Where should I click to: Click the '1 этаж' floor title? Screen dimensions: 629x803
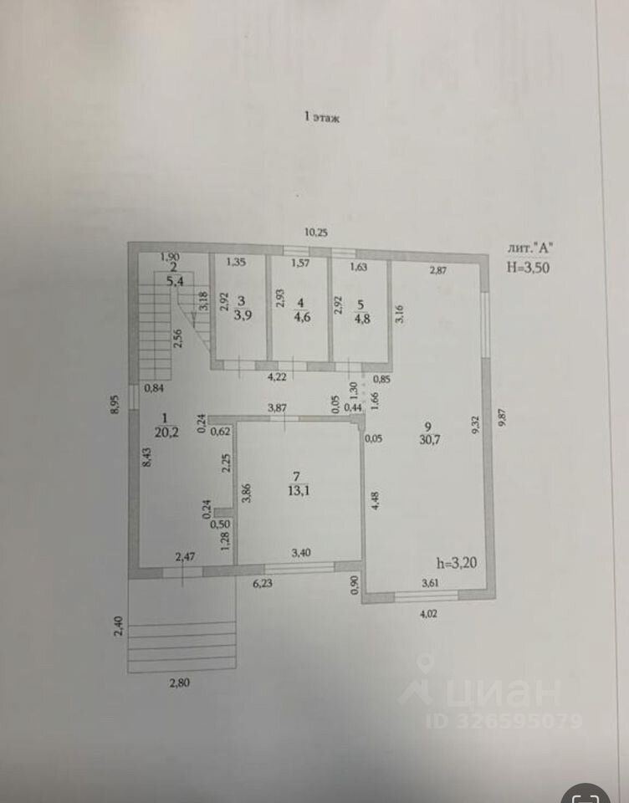[322, 119]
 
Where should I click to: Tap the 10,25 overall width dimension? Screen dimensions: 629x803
[315, 233]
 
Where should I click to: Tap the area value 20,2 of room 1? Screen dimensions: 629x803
[165, 432]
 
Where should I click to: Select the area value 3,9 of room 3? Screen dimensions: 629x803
[242, 315]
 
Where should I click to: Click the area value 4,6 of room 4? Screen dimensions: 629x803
[299, 316]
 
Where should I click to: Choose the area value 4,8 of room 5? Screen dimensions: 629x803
[361, 316]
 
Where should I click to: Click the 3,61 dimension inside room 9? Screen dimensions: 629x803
[430, 583]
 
